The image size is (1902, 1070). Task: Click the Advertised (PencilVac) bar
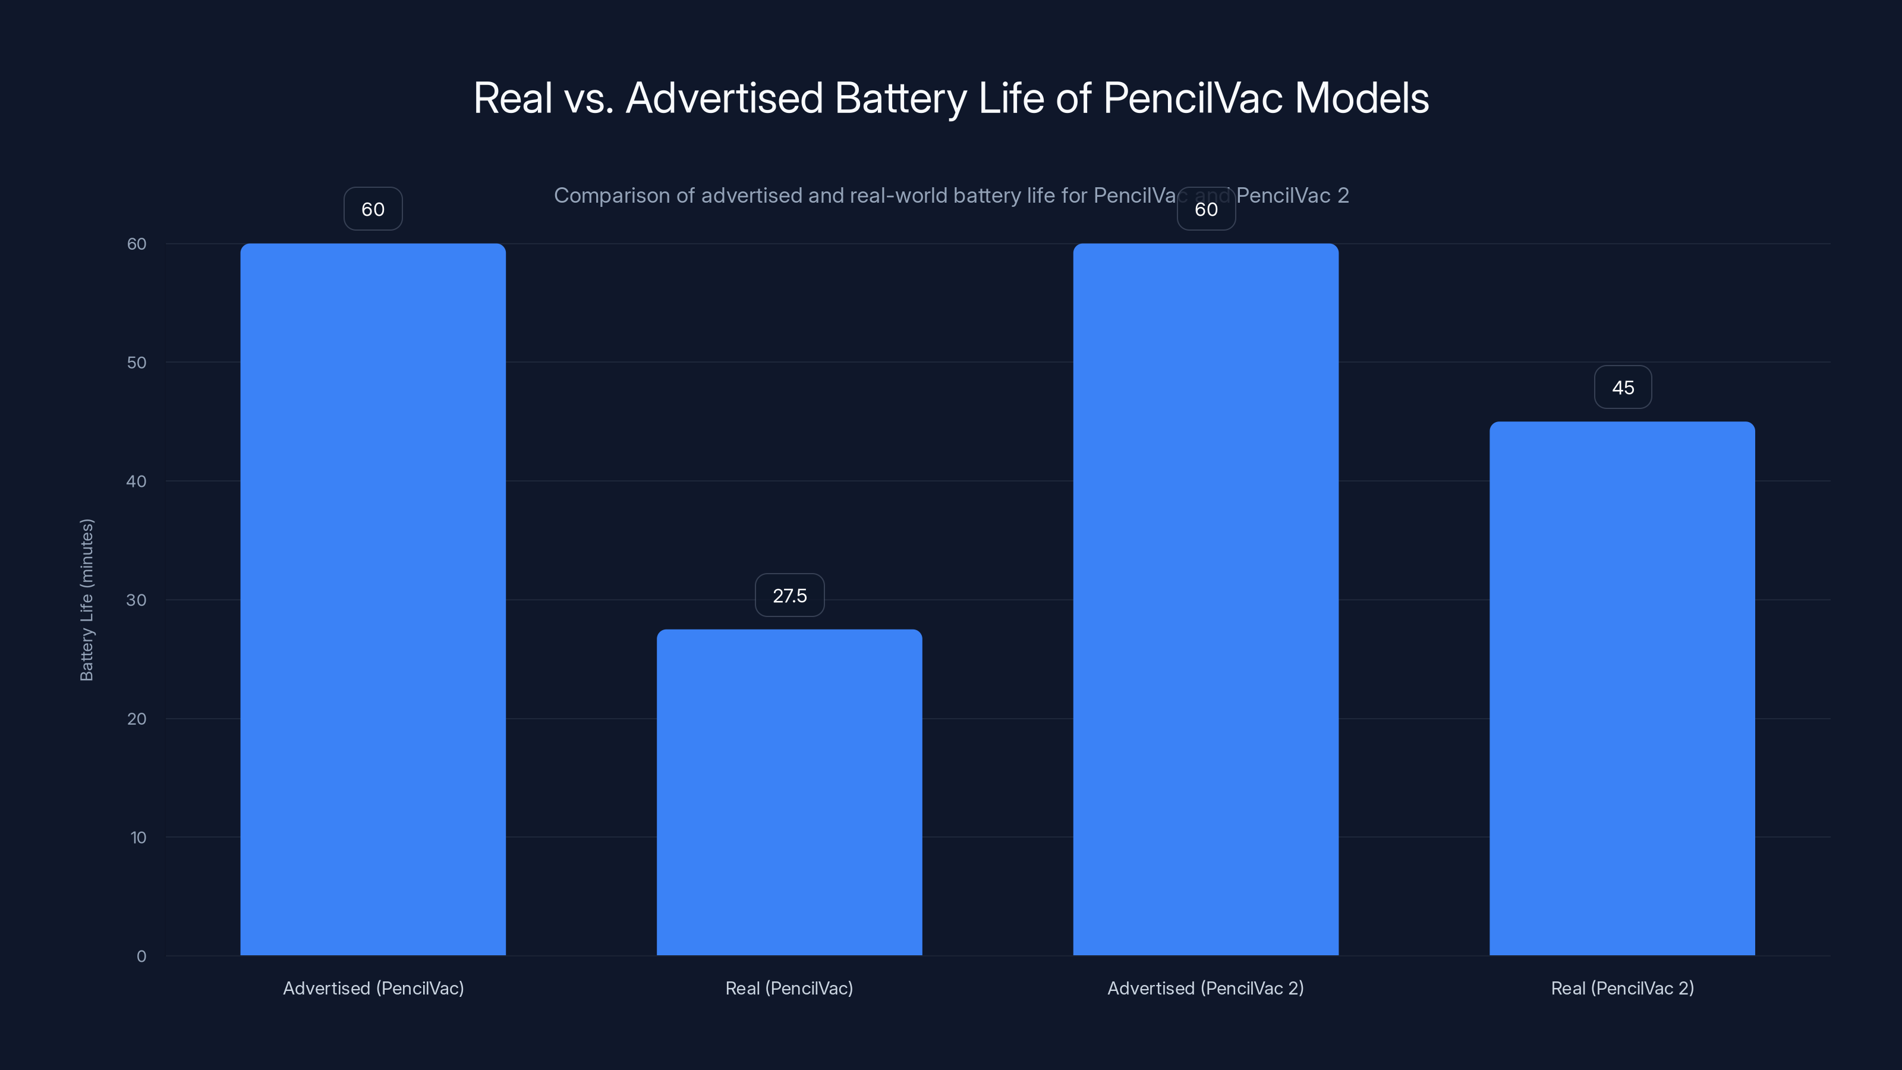coord(373,599)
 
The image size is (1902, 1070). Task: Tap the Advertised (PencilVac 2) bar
coord(1206,599)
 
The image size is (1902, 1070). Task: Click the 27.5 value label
coord(789,595)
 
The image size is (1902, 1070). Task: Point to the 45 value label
coord(1623,388)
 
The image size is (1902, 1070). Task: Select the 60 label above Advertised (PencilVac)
coord(373,209)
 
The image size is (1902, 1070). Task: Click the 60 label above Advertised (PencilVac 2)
coord(1206,209)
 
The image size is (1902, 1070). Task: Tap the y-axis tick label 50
coord(137,363)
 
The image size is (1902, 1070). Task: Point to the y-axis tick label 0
coord(141,956)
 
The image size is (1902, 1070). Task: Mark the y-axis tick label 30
coord(137,600)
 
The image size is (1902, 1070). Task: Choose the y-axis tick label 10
coord(138,838)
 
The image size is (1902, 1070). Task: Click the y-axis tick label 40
coord(137,481)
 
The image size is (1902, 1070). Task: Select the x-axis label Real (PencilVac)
coord(789,988)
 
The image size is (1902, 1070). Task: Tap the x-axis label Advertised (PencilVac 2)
coord(1206,988)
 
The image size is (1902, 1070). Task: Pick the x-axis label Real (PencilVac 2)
coord(1622,988)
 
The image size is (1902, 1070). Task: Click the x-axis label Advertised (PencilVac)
coord(373,988)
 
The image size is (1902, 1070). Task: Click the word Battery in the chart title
coord(900,98)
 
